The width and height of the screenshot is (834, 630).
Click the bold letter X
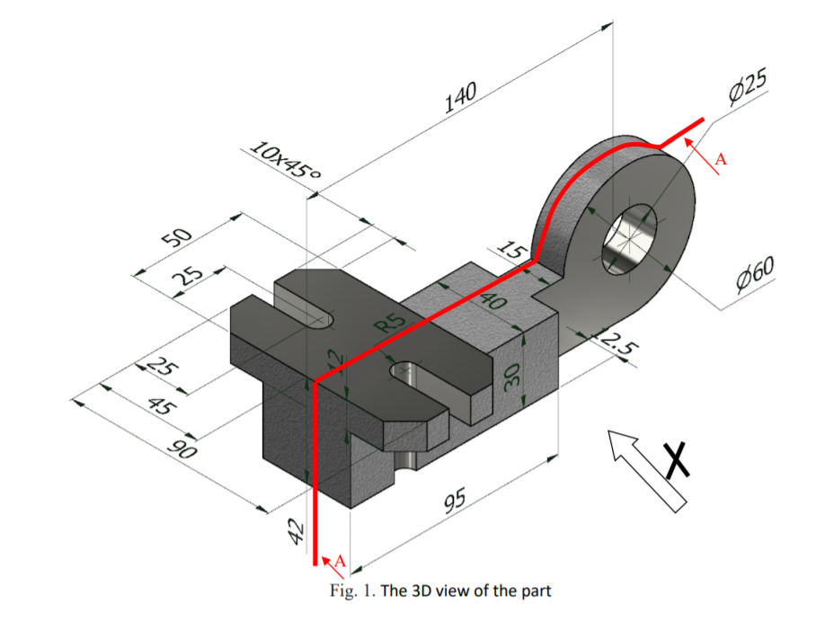pyautogui.click(x=680, y=458)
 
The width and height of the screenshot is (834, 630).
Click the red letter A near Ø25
pyautogui.click(x=720, y=160)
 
